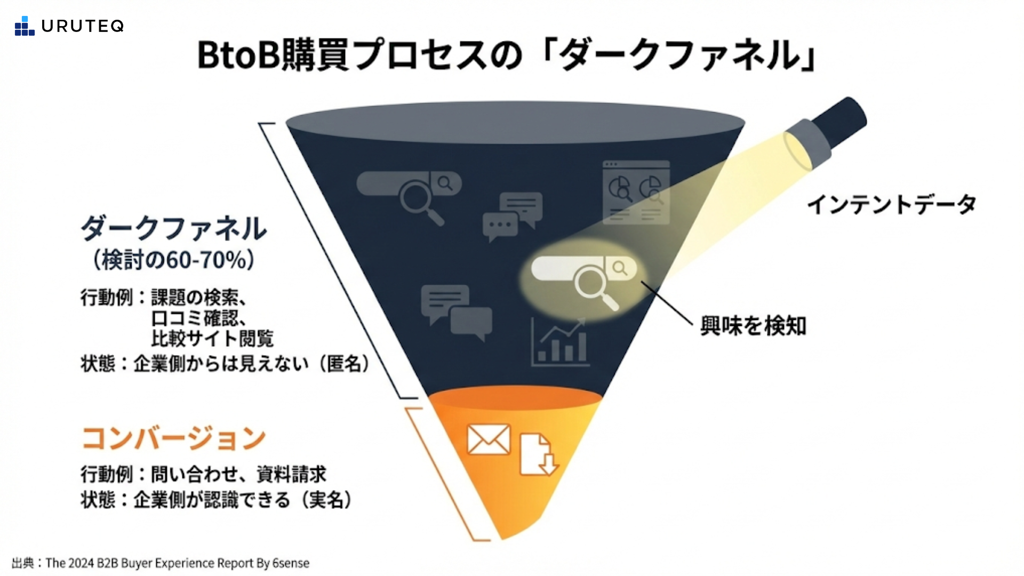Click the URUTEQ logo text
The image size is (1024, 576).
(82, 26)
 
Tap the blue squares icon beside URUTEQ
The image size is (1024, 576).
(24, 26)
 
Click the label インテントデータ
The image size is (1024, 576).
(891, 205)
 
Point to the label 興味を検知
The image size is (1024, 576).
(753, 325)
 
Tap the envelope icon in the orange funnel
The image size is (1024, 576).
(488, 439)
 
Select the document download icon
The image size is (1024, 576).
(538, 454)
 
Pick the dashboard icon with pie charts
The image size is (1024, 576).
(636, 192)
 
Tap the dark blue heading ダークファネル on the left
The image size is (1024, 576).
(174, 228)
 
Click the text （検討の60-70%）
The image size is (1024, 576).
(174, 260)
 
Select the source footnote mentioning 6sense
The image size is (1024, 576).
(161, 563)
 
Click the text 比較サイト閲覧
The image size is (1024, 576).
(212, 339)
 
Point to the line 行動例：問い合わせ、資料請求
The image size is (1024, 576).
(203, 474)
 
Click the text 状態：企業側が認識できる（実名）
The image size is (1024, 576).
(217, 500)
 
